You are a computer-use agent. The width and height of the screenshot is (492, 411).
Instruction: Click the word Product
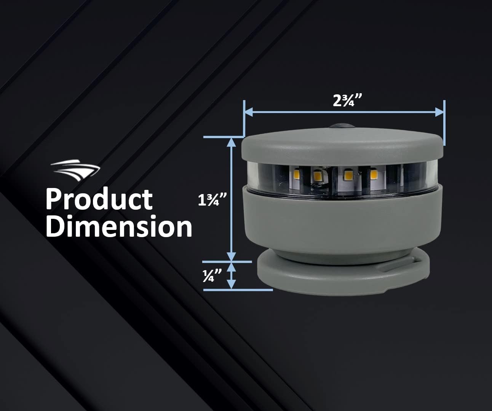99,199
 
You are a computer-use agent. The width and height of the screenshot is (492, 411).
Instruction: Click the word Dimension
119,226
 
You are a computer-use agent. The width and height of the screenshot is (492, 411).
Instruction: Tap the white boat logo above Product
76,170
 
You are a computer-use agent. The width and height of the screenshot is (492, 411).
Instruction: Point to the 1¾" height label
212,200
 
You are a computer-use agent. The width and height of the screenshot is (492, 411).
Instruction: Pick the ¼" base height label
212,276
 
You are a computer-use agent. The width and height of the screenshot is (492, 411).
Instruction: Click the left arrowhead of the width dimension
249,112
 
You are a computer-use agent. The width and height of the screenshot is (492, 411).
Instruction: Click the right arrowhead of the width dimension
439,112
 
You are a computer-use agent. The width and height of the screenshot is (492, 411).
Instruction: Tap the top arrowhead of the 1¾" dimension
232,142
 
